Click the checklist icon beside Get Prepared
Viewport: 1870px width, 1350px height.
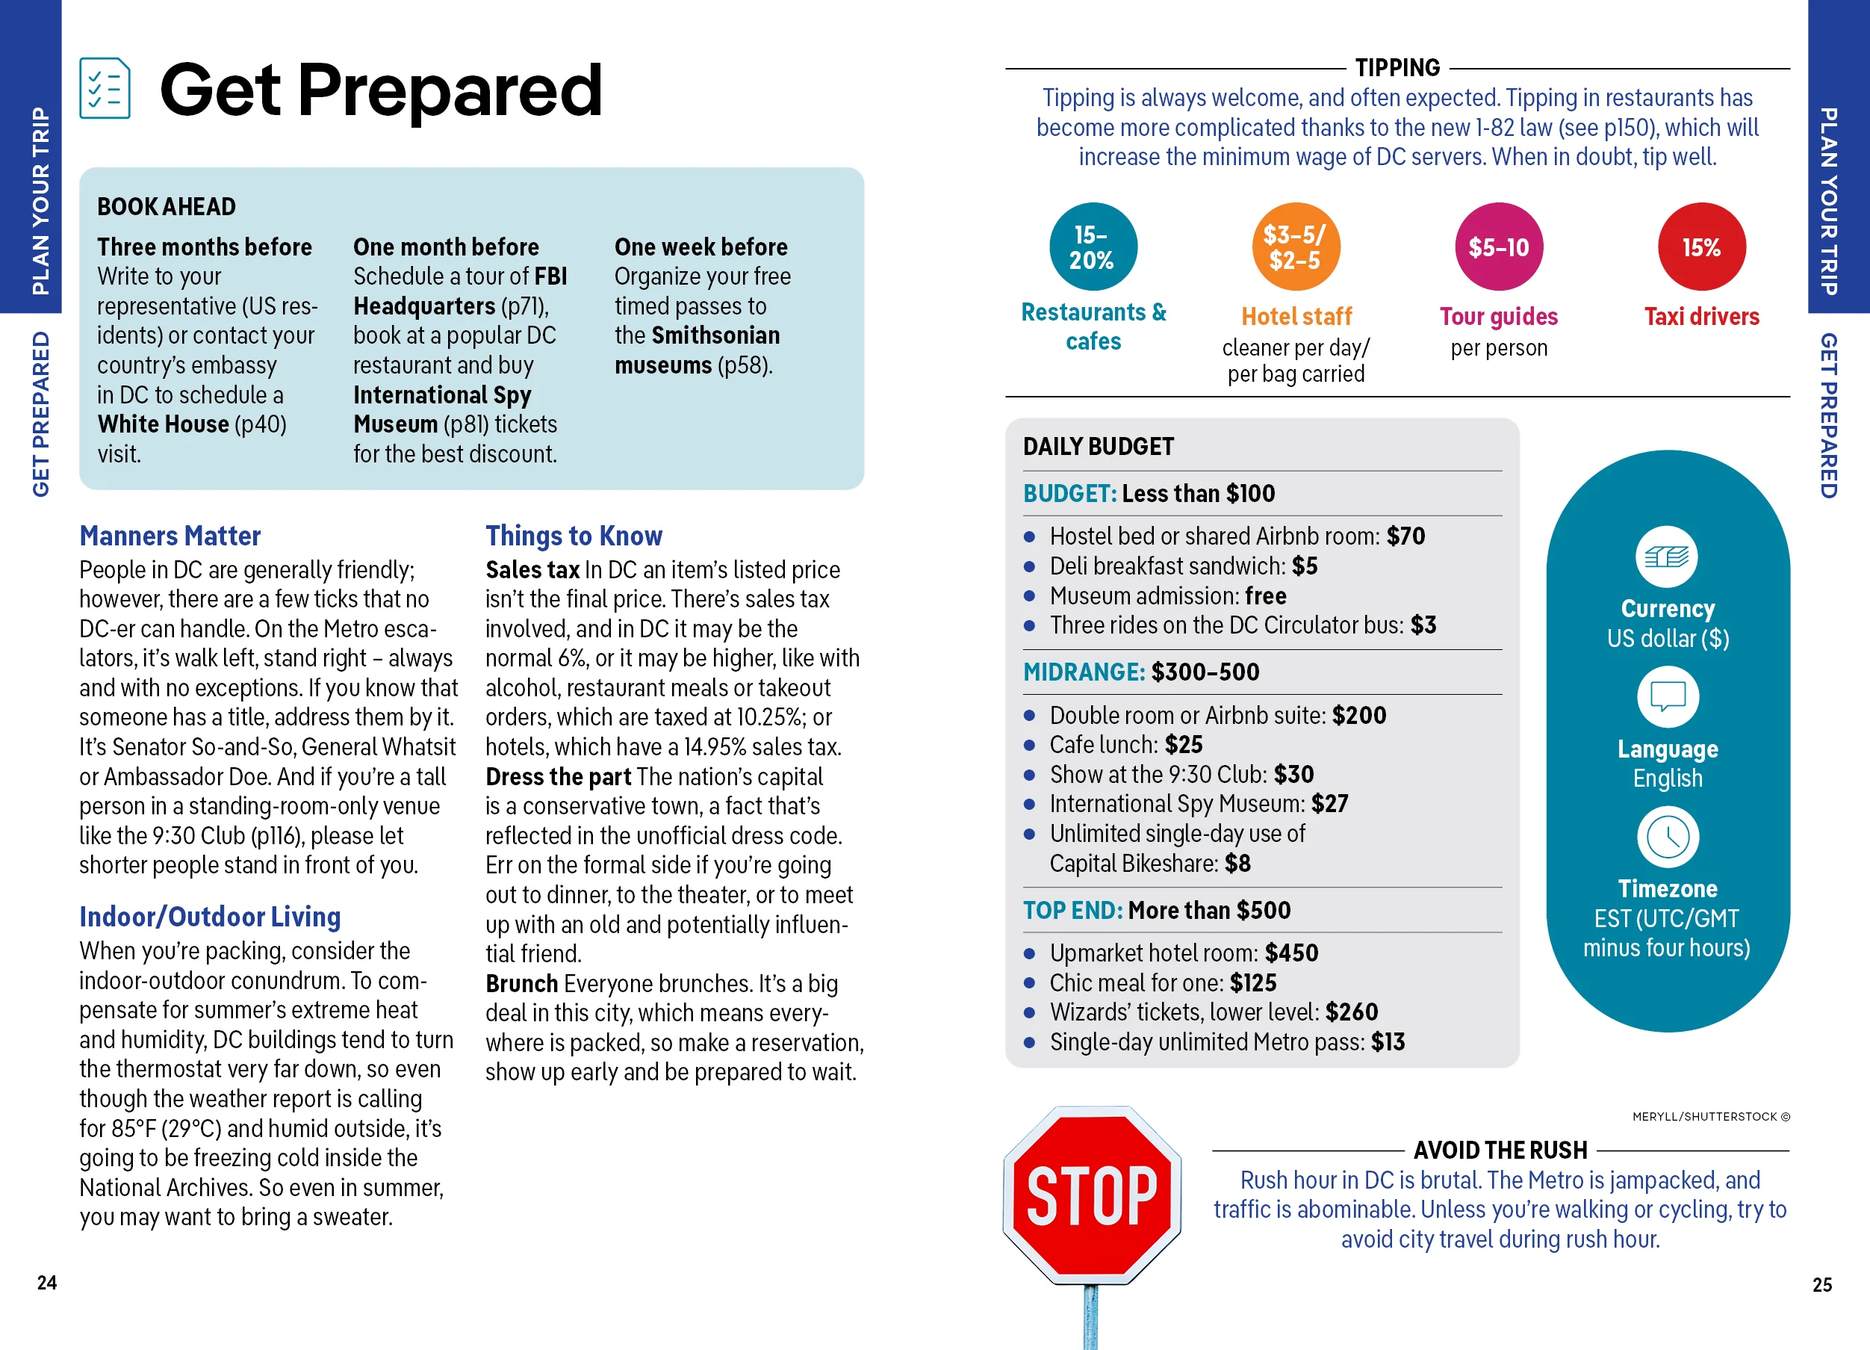pyautogui.click(x=105, y=88)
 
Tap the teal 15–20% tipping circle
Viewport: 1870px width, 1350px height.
pyautogui.click(x=1093, y=247)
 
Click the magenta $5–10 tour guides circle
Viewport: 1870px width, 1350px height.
pyautogui.click(x=1498, y=247)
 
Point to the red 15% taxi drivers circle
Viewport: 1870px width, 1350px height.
pyautogui.click(x=1701, y=247)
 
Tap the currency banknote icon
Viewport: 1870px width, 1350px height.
pyautogui.click(x=1666, y=557)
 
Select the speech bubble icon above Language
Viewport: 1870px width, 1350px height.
pyautogui.click(x=1667, y=697)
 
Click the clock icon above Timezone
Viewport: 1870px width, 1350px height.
pyautogui.click(x=1667, y=837)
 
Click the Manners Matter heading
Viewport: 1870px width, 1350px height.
pyautogui.click(x=170, y=536)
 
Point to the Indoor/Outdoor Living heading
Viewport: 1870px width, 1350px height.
pyautogui.click(x=209, y=916)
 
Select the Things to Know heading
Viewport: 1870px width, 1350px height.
pyautogui.click(x=573, y=536)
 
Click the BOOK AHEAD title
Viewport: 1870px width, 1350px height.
pyautogui.click(x=167, y=206)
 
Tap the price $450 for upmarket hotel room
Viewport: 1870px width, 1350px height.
pyautogui.click(x=1291, y=953)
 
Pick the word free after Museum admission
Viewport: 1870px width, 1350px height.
pyautogui.click(x=1266, y=595)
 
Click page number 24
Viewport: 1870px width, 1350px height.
pyautogui.click(x=47, y=1282)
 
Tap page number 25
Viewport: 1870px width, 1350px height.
pyautogui.click(x=1822, y=1284)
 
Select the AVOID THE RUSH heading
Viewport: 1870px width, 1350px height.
pyautogui.click(x=1500, y=1150)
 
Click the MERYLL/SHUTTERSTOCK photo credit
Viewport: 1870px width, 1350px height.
pyautogui.click(x=1711, y=1117)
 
